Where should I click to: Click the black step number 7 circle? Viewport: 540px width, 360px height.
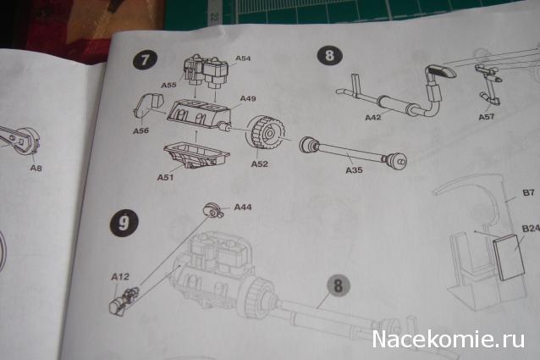[x=145, y=60]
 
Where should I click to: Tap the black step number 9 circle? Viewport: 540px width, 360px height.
[x=124, y=223]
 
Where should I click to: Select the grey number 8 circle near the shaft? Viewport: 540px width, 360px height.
[x=338, y=285]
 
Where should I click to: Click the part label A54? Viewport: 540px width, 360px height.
[x=243, y=58]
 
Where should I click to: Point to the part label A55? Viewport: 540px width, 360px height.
[x=168, y=85]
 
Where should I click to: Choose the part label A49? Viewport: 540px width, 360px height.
[x=248, y=99]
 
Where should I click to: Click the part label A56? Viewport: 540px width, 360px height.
[x=141, y=130]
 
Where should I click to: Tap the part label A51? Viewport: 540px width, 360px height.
[x=165, y=177]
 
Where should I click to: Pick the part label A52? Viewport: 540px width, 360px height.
[x=259, y=164]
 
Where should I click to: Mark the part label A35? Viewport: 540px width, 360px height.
[x=354, y=170]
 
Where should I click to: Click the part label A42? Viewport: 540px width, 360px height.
[x=373, y=118]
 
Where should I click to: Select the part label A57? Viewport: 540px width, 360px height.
[x=487, y=117]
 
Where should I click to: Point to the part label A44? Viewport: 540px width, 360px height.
[x=243, y=207]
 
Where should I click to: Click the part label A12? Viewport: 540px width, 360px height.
[x=120, y=277]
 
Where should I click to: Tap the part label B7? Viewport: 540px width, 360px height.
[x=528, y=192]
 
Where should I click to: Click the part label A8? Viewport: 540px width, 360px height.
[x=36, y=168]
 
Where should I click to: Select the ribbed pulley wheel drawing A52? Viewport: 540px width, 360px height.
[x=264, y=132]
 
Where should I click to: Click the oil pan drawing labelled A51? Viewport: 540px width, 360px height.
[x=196, y=156]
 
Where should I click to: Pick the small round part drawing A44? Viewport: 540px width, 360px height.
[x=213, y=210]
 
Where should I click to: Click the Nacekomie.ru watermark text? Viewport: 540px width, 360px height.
[x=448, y=339]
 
